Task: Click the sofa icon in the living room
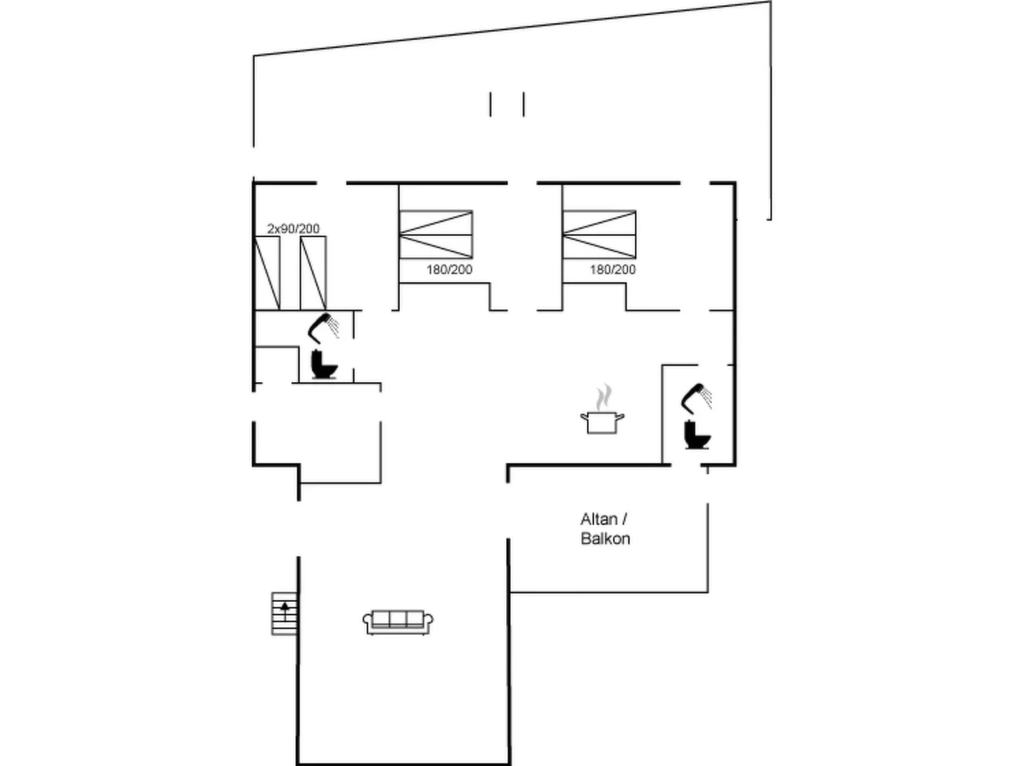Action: pyautogui.click(x=398, y=622)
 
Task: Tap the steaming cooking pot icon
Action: pyautogui.click(x=603, y=409)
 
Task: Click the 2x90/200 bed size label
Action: pyautogui.click(x=293, y=229)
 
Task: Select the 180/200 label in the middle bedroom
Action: pyautogui.click(x=449, y=270)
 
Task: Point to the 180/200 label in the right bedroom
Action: pyautogui.click(x=613, y=270)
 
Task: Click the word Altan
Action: pyautogui.click(x=599, y=519)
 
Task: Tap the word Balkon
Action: pyautogui.click(x=605, y=538)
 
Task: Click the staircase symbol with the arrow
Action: pyautogui.click(x=284, y=613)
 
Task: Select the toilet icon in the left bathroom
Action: pyautogui.click(x=324, y=364)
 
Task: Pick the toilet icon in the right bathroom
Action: pyautogui.click(x=697, y=434)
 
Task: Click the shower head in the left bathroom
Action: pyautogui.click(x=323, y=327)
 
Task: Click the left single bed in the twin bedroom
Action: pyautogui.click(x=267, y=273)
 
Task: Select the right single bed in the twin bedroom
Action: pyautogui.click(x=313, y=273)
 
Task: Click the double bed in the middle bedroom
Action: pyautogui.click(x=436, y=235)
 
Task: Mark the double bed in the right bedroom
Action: pyautogui.click(x=599, y=235)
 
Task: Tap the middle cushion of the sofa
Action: pyautogui.click(x=398, y=619)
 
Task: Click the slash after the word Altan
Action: pyautogui.click(x=624, y=519)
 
